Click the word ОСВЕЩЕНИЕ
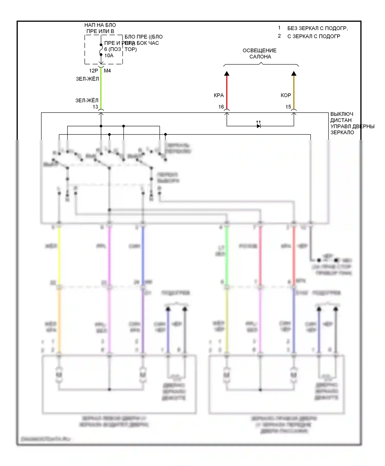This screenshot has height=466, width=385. tap(259, 51)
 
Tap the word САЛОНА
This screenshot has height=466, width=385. tap(260, 57)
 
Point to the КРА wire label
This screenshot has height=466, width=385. tap(219, 96)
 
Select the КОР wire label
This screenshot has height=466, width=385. tap(286, 96)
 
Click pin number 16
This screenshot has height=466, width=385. tap(221, 107)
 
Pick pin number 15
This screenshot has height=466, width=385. tap(288, 107)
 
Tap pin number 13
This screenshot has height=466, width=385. tap(95, 107)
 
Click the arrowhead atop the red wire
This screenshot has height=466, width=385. tap(227, 74)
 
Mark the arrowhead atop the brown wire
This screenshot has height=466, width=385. tap(294, 74)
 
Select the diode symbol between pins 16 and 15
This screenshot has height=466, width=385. tap(259, 126)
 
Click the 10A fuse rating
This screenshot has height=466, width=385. tap(109, 55)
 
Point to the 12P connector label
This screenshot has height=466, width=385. tap(94, 71)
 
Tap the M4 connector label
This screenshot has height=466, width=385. tap(107, 71)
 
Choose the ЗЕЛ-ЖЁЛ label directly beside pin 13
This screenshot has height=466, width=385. tap(87, 100)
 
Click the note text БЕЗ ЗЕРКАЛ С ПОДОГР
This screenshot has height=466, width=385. tap(317, 28)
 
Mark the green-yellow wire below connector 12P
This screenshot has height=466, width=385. tap(101, 87)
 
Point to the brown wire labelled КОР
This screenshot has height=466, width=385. tap(294, 92)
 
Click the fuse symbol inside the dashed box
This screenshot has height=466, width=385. tap(101, 50)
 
